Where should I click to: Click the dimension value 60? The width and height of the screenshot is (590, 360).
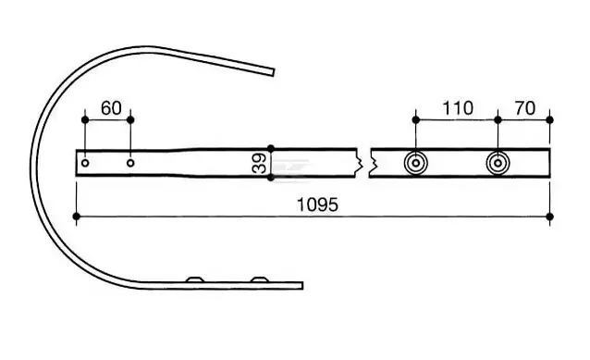click(111, 108)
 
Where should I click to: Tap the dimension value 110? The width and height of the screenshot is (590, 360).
click(458, 108)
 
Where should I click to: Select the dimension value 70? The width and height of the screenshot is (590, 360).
click(525, 108)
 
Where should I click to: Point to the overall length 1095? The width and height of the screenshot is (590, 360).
click(317, 205)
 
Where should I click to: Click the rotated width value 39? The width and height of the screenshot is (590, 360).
click(259, 163)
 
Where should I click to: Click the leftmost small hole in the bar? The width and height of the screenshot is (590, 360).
click(85, 163)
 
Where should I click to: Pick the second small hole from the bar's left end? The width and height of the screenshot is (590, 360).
click(130, 163)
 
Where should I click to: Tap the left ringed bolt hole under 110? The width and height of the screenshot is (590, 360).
click(416, 164)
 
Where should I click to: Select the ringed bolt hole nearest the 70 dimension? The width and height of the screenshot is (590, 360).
click(498, 164)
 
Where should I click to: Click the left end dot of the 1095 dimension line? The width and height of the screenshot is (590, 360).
click(77, 217)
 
